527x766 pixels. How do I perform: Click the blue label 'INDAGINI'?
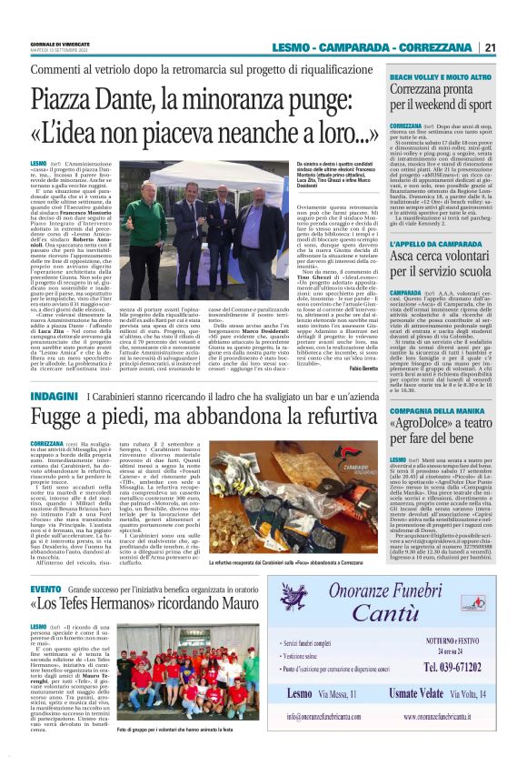53,399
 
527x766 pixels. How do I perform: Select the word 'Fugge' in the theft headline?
57,421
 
